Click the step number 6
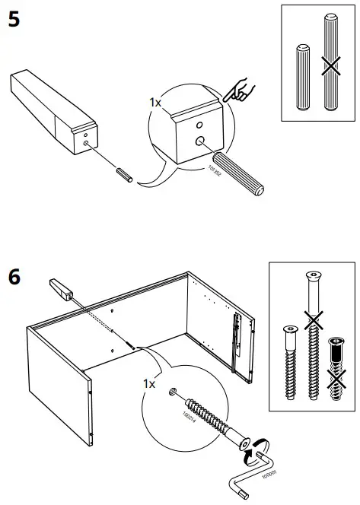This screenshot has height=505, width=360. [14, 275]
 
